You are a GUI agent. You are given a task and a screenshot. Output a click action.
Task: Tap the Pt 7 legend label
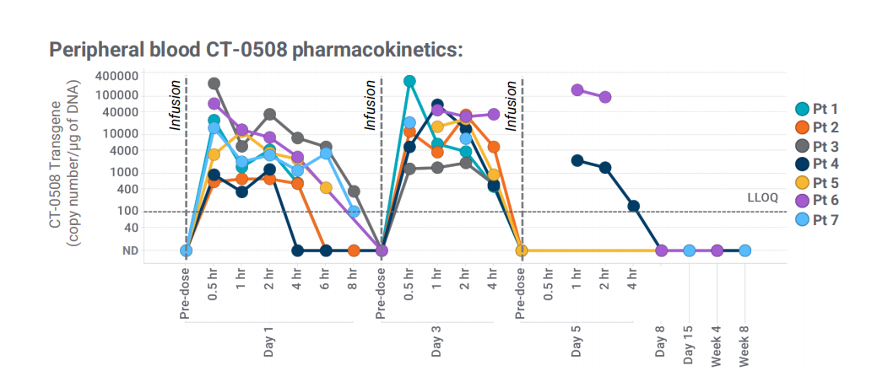(826, 220)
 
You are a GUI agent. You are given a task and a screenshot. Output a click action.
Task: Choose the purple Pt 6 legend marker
(803, 201)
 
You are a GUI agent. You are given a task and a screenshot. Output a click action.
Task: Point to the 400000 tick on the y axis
(115, 75)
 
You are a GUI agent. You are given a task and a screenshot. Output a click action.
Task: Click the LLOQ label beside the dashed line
(763, 197)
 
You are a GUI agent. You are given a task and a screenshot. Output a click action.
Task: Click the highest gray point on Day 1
(214, 83)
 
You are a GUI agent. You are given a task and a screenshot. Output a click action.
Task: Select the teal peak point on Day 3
(409, 81)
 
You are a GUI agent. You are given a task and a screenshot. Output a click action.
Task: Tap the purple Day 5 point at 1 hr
(577, 90)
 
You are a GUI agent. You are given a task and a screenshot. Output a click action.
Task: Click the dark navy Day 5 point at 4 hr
(634, 206)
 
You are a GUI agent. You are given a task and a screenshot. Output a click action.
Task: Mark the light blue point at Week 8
(745, 250)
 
